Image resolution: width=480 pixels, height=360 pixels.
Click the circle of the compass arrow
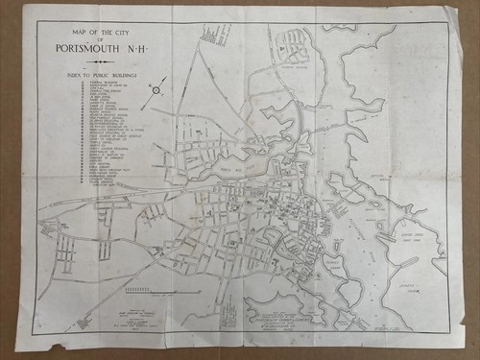pos(156,90)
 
